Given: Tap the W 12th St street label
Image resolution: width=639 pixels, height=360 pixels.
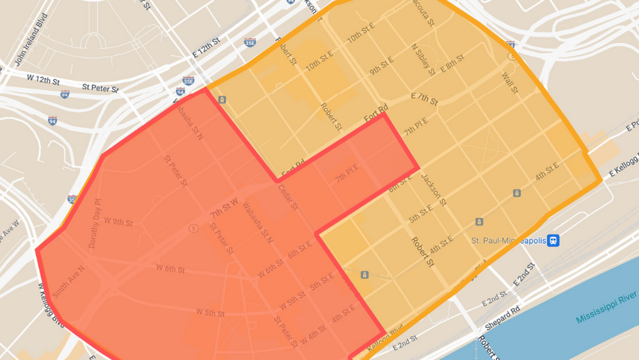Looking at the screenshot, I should pyautogui.click(x=43, y=79).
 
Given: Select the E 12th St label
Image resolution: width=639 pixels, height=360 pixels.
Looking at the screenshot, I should pyautogui.click(x=206, y=47).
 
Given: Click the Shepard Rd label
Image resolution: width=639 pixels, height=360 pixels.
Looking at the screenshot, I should pyautogui.click(x=502, y=319).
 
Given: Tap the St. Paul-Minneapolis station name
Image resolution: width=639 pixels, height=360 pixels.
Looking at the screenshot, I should pyautogui.click(x=507, y=240).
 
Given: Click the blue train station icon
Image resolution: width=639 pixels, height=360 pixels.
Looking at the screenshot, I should pyautogui.click(x=553, y=240).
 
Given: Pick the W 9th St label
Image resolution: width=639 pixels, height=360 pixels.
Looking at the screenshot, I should pyautogui.click(x=118, y=223).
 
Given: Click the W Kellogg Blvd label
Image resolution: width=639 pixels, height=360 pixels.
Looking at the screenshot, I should pyautogui.click(x=50, y=304).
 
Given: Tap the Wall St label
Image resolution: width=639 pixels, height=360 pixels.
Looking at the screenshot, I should pyautogui.click(x=509, y=83).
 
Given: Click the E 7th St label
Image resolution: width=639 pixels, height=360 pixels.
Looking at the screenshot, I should pyautogui.click(x=424, y=98).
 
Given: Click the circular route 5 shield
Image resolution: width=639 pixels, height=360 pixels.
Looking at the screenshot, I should pyautogui.click(x=193, y=228).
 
